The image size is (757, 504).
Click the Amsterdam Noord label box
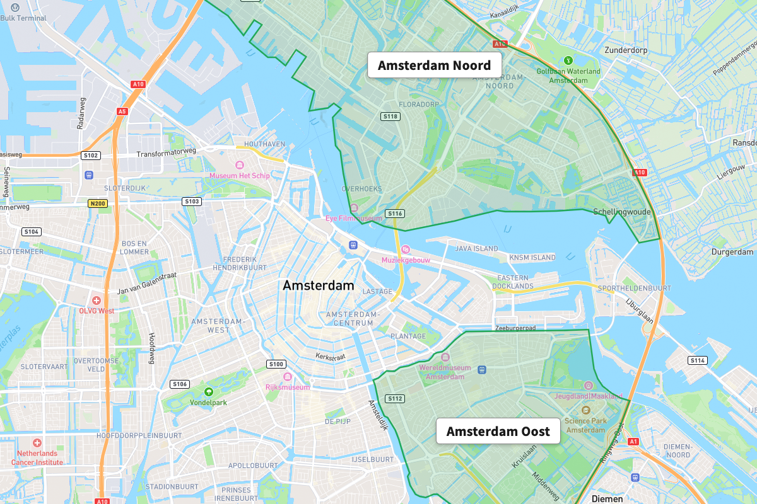[434, 66]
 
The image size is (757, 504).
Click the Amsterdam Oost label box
[498, 432]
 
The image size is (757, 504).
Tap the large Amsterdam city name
[318, 285]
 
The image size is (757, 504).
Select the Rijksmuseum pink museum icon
[288, 377]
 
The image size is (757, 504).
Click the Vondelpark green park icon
[209, 391]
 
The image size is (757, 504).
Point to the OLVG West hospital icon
[97, 300]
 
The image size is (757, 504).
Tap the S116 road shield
[395, 214]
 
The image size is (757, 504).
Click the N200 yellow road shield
[98, 203]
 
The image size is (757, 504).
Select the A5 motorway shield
[122, 112]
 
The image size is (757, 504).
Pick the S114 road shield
[697, 360]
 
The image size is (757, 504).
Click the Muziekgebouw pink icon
[406, 249]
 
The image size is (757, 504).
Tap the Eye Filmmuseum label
[354, 218]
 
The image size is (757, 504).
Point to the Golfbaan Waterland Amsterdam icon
[568, 61]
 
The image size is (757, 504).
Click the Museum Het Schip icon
[240, 165]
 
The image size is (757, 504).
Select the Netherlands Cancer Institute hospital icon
[37, 443]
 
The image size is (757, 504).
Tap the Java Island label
[477, 249]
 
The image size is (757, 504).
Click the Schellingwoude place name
[621, 212]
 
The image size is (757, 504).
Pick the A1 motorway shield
[633, 442]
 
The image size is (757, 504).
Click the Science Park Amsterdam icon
[585, 409]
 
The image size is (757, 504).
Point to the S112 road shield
[396, 398]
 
